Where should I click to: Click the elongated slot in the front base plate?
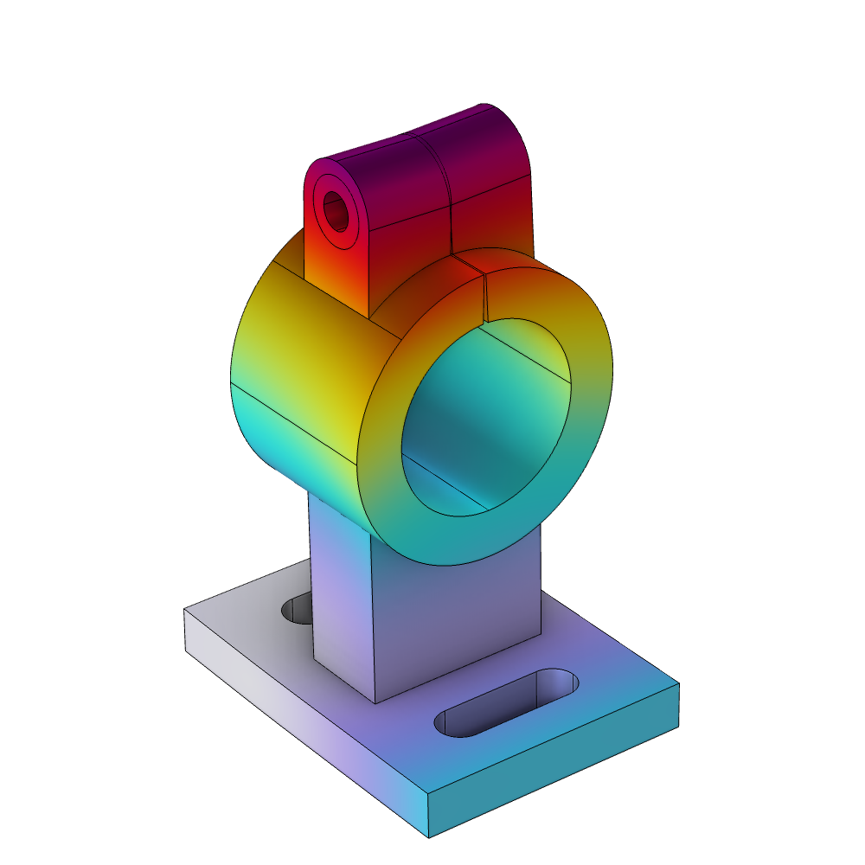[506, 703]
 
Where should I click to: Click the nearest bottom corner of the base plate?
[429, 836]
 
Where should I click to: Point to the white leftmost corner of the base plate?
[186, 611]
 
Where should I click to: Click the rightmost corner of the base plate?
[677, 685]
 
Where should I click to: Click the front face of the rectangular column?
[450, 623]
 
